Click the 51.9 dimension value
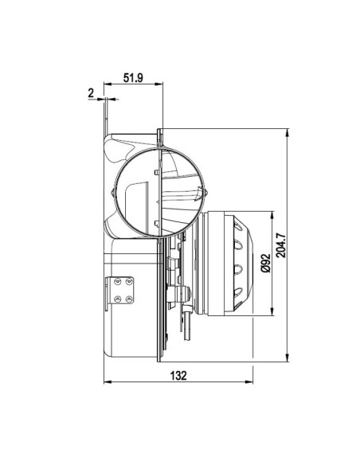pyautogui.click(x=133, y=78)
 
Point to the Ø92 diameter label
pyautogui.click(x=264, y=262)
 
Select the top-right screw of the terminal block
pyautogui.click(x=129, y=281)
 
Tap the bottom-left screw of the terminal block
pyautogui.click(x=119, y=299)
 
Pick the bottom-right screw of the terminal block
pyautogui.click(x=129, y=299)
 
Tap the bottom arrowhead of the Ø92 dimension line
pyautogui.click(x=274, y=311)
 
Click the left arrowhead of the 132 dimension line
pyautogui.click(x=108, y=381)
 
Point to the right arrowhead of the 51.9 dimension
pyautogui.click(x=159, y=84)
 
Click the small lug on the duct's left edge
pyautogui.click(x=112, y=192)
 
